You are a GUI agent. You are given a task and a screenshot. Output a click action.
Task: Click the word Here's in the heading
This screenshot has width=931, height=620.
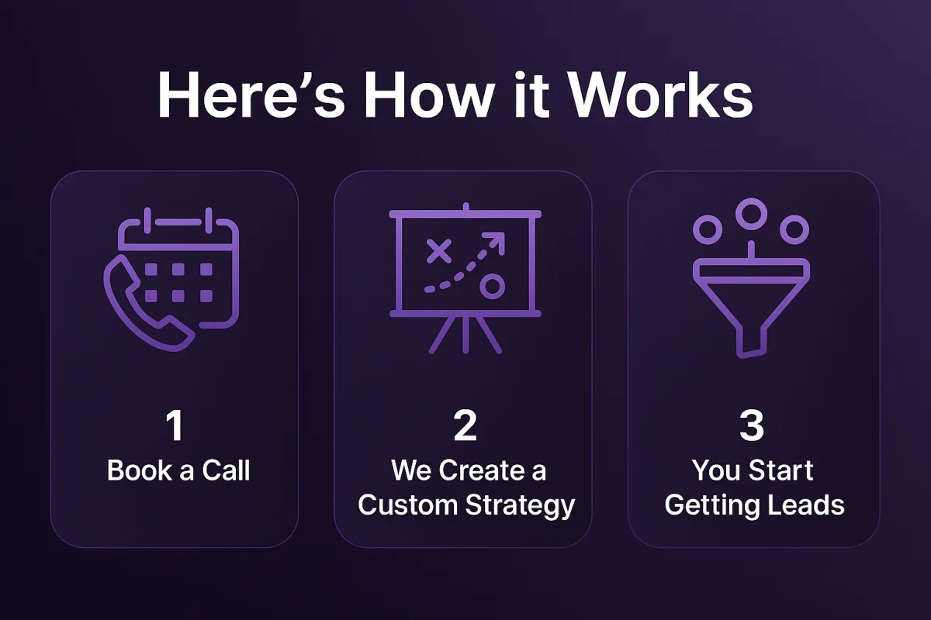(x=251, y=95)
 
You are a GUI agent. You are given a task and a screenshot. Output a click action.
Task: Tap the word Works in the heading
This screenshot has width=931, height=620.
(x=660, y=95)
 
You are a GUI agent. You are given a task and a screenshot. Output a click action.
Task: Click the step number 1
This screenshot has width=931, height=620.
(x=175, y=425)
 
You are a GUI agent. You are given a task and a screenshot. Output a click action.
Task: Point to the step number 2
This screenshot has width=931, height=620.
(x=465, y=425)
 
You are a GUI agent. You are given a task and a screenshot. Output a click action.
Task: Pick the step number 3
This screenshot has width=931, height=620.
(x=752, y=425)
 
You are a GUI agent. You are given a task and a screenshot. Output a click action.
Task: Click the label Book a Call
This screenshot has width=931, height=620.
(x=178, y=470)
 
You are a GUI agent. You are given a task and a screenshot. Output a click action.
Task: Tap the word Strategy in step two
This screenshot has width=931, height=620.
(x=520, y=506)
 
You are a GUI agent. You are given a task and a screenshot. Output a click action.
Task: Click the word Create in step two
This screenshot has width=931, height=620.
(x=481, y=470)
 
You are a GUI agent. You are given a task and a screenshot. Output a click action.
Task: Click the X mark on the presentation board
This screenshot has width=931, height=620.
(x=439, y=251)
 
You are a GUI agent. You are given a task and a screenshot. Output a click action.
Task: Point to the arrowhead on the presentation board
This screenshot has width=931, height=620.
(x=496, y=242)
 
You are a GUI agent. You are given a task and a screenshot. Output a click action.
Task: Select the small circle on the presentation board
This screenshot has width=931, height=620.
(x=493, y=286)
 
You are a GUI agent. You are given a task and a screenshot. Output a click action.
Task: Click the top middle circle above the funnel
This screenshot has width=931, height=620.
(x=752, y=214)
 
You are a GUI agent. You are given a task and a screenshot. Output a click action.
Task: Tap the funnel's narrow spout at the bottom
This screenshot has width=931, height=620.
(x=752, y=342)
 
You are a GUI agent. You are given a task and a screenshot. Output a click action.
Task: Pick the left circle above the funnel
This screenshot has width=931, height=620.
(x=708, y=229)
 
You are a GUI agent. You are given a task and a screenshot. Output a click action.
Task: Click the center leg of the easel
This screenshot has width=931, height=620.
(x=465, y=335)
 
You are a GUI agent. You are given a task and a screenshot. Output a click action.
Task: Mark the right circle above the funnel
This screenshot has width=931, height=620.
(x=794, y=229)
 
